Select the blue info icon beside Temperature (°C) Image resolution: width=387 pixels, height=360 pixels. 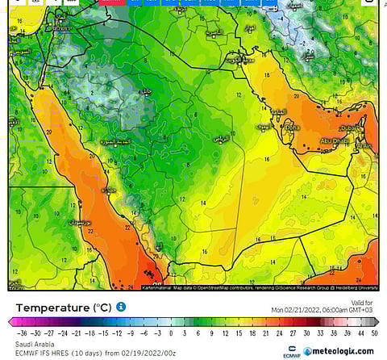tap(121, 308)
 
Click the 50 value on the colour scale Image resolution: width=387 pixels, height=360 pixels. tap(375, 333)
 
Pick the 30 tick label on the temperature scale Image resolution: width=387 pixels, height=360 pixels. tap(306, 333)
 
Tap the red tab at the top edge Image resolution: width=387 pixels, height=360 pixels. tap(114, 2)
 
